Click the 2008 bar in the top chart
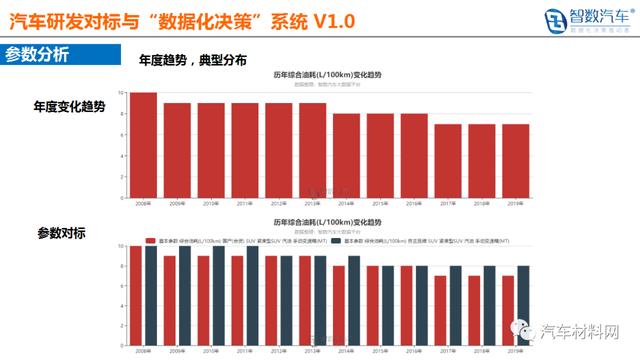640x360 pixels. tap(145, 146)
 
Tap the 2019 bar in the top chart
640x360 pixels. tap(516, 161)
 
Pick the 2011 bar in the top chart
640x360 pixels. tap(246, 151)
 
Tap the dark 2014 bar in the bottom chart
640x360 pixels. tap(354, 301)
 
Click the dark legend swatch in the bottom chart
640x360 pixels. tap(338, 241)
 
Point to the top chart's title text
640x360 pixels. tap(330, 76)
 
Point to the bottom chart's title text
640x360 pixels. tap(330, 222)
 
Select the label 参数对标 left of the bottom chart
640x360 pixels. tap(62, 233)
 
